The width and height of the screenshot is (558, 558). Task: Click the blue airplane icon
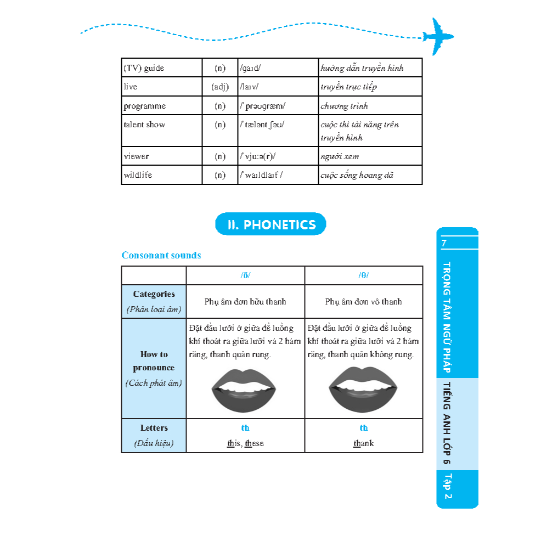point(438,36)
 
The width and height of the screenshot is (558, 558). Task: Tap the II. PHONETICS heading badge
point(270,224)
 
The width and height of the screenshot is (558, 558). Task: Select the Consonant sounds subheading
point(161,255)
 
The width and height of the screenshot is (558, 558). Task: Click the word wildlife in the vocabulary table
point(138,175)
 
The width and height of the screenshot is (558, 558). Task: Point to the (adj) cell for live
point(220,87)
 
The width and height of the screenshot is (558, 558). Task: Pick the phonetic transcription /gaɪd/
point(250,68)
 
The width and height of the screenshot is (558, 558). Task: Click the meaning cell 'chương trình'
point(344,106)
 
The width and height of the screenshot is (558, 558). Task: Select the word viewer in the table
point(136,156)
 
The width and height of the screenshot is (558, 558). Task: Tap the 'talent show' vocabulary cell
point(144,125)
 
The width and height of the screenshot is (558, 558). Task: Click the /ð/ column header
point(245,275)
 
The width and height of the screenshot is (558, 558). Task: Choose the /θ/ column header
point(363,275)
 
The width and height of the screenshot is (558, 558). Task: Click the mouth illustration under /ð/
point(244,391)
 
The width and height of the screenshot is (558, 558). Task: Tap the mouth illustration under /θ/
point(363,390)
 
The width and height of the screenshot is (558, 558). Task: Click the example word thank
point(363,443)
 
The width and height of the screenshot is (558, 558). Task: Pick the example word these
point(254,443)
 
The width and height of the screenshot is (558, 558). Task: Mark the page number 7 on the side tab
point(444,243)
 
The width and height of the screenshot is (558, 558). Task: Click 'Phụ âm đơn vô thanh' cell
point(363,302)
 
